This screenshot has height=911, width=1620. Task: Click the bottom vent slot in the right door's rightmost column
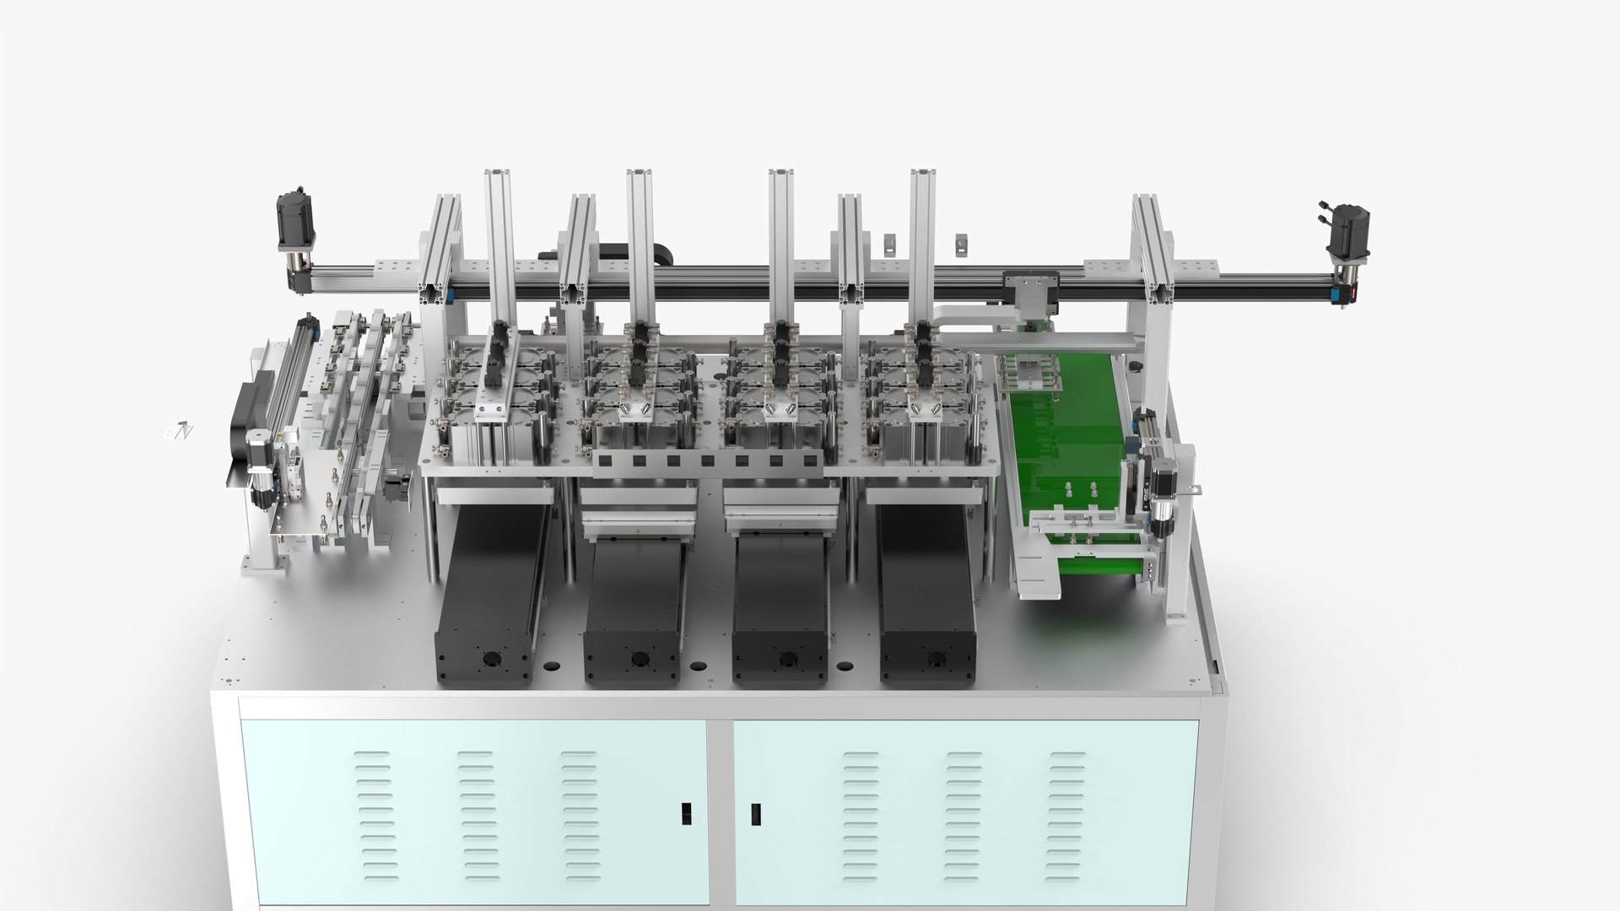pos(1068,877)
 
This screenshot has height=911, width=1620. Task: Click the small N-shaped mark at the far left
pos(184,431)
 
